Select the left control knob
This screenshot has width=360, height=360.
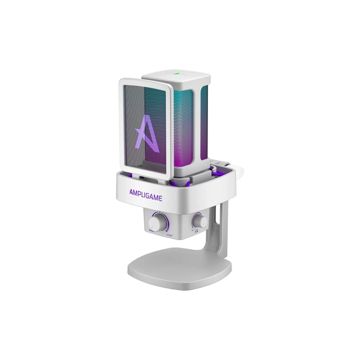(155, 221)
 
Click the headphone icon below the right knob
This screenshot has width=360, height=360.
(196, 231)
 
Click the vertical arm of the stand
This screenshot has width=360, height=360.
(225, 229)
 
